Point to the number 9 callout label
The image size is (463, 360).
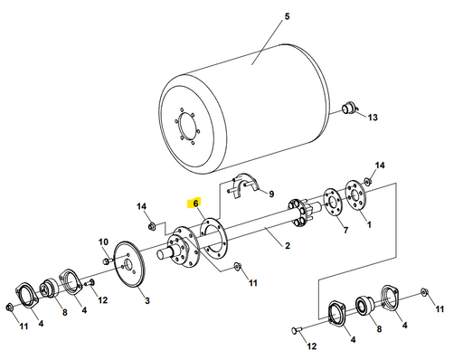269,193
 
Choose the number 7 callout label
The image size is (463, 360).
345,231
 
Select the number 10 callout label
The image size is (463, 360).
103,242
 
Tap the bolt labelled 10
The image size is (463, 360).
108,261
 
